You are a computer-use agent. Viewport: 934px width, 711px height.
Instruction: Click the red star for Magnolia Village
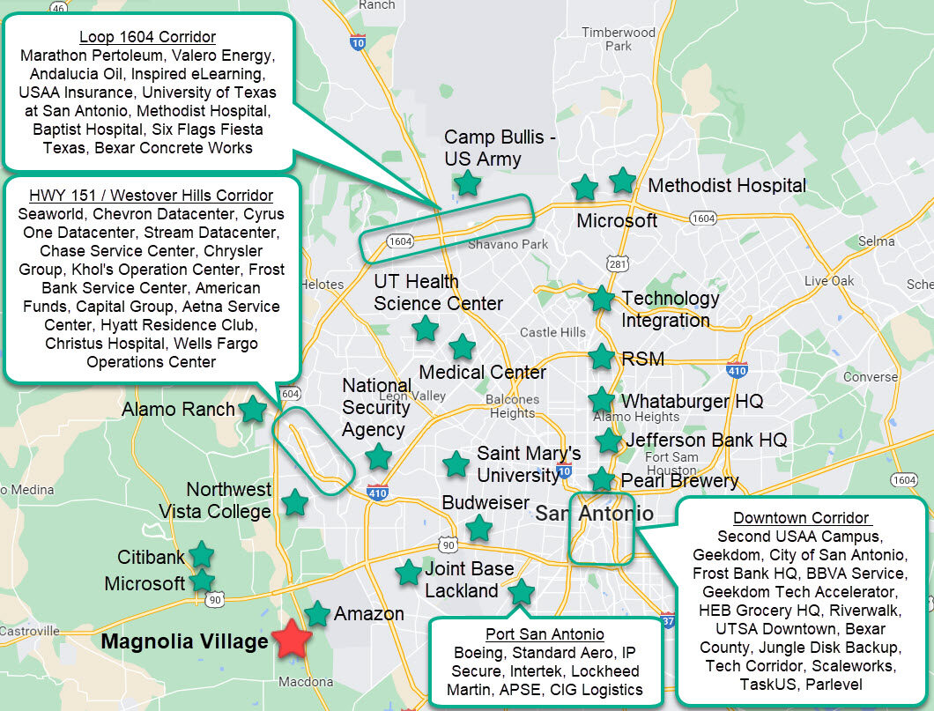pyautogui.click(x=292, y=640)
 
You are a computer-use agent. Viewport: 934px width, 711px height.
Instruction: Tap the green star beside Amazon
pyautogui.click(x=317, y=613)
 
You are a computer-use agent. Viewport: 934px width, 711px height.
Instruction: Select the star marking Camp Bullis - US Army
pyautogui.click(x=467, y=183)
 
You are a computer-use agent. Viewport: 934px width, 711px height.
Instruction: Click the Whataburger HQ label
pyautogui.click(x=693, y=401)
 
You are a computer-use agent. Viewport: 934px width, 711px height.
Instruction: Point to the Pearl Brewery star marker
pyautogui.click(x=601, y=480)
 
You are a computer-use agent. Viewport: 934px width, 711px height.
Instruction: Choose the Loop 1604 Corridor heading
pyautogui.click(x=148, y=37)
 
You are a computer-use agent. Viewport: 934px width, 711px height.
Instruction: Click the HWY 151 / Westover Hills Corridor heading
pyautogui.click(x=152, y=196)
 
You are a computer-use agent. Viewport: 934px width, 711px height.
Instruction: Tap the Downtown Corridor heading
pyautogui.click(x=801, y=518)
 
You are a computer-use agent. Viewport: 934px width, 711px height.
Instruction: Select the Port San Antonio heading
pyautogui.click(x=545, y=634)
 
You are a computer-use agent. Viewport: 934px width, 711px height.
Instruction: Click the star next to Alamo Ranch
pyautogui.click(x=254, y=409)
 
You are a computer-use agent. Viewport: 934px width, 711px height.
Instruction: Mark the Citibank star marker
pyautogui.click(x=202, y=554)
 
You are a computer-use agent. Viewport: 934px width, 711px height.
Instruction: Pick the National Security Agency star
pyautogui.click(x=378, y=456)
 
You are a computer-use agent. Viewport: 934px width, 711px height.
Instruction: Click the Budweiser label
pyautogui.click(x=486, y=503)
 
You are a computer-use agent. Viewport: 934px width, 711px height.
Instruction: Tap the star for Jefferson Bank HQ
pyautogui.click(x=608, y=441)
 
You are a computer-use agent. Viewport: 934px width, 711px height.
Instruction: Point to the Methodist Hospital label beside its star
pyautogui.click(x=727, y=186)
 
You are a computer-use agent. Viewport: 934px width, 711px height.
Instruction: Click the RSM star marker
pyautogui.click(x=601, y=357)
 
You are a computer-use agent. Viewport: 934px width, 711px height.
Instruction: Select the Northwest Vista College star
pyautogui.click(x=294, y=503)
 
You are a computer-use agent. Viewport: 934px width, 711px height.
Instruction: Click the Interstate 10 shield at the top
pyautogui.click(x=357, y=41)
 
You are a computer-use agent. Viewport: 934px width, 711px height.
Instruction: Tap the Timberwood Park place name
pyautogui.click(x=619, y=39)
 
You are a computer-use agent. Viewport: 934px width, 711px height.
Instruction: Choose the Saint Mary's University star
pyautogui.click(x=456, y=463)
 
